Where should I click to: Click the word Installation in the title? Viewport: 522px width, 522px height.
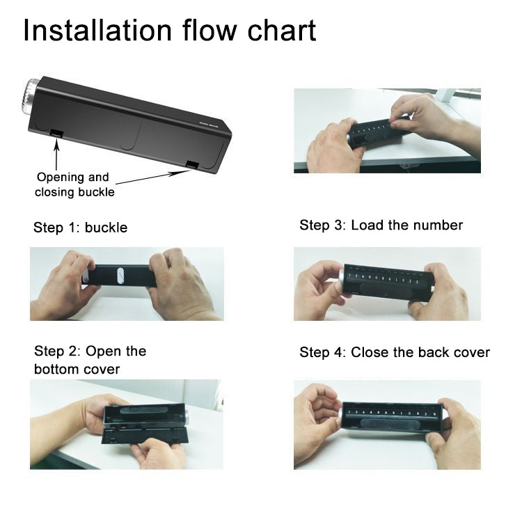(97, 31)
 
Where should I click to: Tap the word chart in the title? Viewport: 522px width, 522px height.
(282, 31)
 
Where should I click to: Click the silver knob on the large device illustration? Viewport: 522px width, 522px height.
(29, 97)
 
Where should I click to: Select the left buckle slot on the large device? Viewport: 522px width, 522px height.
(56, 133)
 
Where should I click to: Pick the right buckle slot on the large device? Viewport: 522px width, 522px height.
(192, 164)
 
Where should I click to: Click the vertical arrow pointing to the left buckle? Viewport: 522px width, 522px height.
(56, 155)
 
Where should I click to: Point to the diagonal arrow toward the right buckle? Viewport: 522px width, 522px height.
(153, 177)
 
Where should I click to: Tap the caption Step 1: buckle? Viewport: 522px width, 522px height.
(80, 228)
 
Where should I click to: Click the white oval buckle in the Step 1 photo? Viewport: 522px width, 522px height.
(120, 276)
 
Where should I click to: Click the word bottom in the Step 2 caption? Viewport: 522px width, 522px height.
(56, 369)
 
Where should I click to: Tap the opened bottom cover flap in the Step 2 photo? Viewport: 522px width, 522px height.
(144, 436)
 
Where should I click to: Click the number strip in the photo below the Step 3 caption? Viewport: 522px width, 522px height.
(383, 278)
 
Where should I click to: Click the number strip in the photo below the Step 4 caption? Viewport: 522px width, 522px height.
(391, 413)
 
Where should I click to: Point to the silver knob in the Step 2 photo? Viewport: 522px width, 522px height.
(187, 416)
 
